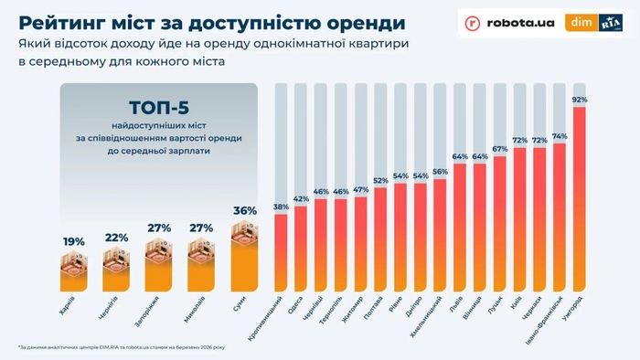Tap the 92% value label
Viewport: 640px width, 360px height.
(x=578, y=100)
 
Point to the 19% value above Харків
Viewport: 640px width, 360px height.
(x=74, y=241)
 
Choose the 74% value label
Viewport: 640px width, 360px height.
(x=559, y=136)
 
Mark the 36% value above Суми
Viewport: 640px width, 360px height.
(x=243, y=211)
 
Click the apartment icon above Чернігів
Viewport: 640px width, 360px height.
(x=115, y=267)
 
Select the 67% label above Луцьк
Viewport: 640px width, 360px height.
(x=499, y=149)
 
